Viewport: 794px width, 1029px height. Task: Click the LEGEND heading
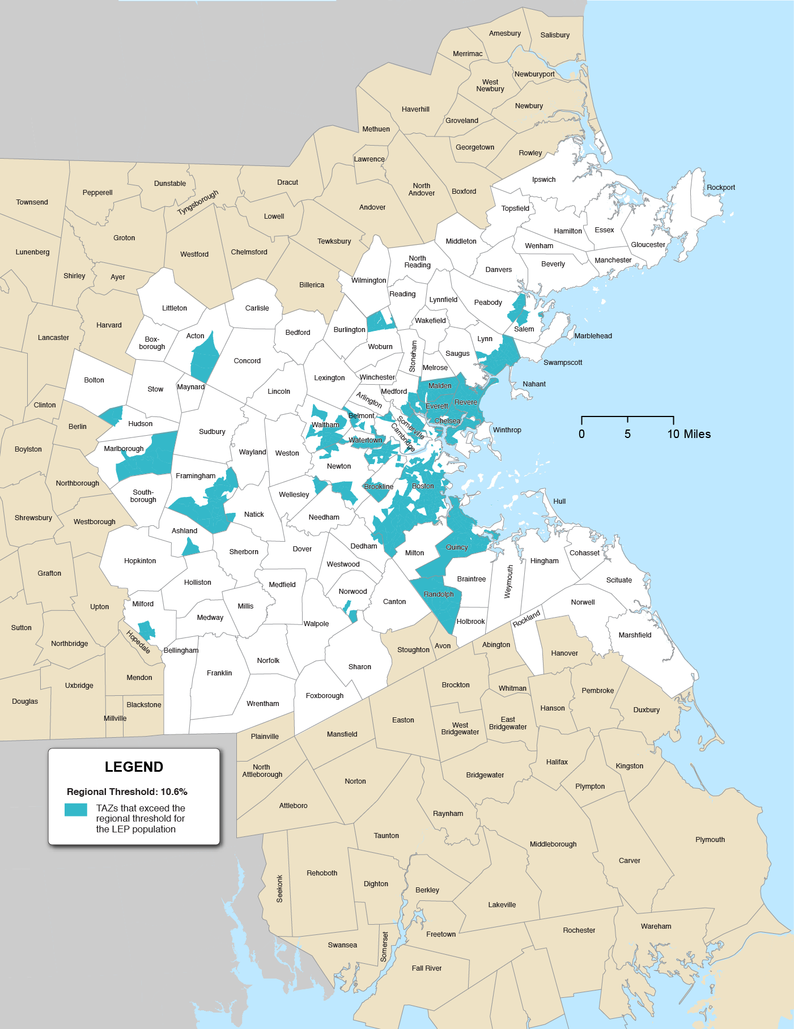tap(134, 767)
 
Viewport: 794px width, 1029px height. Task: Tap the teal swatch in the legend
tap(75, 809)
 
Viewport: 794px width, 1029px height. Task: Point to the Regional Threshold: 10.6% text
tap(127, 792)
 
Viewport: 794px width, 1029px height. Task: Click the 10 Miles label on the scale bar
tap(689, 434)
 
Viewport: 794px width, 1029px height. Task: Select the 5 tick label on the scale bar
tap(627, 434)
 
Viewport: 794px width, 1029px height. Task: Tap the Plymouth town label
tap(710, 839)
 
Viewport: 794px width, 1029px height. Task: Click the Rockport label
tap(720, 187)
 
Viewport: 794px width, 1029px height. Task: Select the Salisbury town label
tap(554, 35)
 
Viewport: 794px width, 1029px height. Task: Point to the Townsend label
tap(32, 202)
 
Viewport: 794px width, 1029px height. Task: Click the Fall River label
tap(426, 968)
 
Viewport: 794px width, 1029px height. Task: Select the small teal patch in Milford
tap(147, 630)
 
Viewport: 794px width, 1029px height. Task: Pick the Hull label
tap(559, 501)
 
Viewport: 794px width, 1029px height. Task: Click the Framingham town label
tap(196, 475)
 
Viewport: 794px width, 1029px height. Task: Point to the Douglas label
tap(25, 701)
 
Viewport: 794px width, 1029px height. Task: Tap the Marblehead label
tap(593, 335)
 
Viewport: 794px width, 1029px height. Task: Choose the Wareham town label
tap(656, 926)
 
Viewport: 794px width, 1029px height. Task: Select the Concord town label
tap(247, 360)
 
